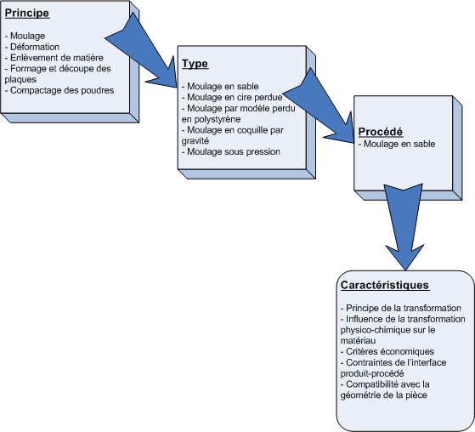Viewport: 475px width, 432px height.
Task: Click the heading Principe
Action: coord(27,13)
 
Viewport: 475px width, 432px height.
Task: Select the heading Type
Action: coord(195,64)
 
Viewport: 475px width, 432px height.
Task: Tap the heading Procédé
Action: coord(381,132)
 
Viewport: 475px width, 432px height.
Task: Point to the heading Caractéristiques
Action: coord(385,285)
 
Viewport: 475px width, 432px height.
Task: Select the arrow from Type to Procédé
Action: coord(318,105)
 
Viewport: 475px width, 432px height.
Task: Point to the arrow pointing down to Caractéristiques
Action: coord(404,226)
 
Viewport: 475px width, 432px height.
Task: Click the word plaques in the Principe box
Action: coord(20,79)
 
